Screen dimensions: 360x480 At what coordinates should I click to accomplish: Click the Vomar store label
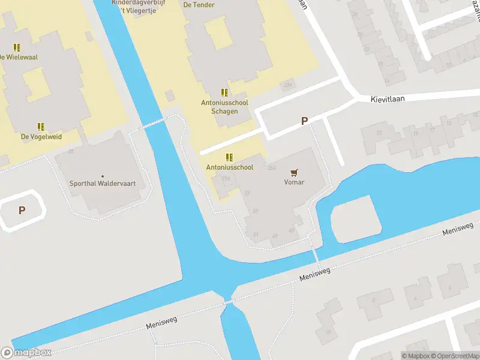pos(294,182)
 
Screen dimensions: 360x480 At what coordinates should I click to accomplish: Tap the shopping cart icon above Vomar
pos(294,172)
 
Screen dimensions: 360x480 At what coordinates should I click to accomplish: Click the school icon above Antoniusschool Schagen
pos(224,92)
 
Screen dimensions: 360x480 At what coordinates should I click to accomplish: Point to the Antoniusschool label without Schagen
pos(229,167)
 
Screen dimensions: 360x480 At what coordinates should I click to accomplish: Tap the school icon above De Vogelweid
pos(41,127)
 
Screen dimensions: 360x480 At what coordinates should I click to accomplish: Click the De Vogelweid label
pos(41,137)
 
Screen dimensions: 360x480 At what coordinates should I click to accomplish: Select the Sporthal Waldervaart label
pos(101,184)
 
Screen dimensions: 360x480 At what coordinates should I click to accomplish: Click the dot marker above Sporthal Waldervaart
pos(101,175)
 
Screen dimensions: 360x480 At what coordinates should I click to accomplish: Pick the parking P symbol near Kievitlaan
pos(304,121)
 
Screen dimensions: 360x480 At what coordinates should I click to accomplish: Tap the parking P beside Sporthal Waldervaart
pos(22,210)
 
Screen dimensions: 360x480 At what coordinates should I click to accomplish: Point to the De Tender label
pos(199,5)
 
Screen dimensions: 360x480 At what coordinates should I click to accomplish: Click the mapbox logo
pos(26,353)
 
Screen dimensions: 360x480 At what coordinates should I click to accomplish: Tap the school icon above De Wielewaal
pos(17,47)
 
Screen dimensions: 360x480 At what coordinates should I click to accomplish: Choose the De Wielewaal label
pos(18,57)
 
